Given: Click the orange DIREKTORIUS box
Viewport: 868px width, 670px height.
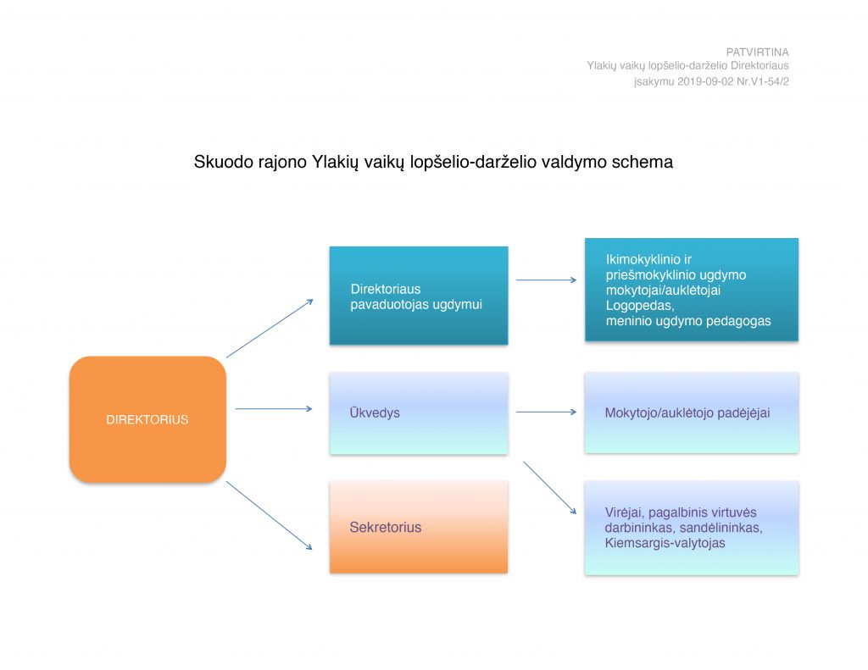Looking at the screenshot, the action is [x=147, y=419].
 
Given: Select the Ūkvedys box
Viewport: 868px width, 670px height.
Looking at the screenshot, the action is [x=419, y=413].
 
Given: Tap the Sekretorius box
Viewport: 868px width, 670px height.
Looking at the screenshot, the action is [x=419, y=527].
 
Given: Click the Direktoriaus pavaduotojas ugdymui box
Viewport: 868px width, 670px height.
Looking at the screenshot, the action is [x=419, y=296].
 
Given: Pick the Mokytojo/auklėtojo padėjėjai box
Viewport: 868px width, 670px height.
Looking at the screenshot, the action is [x=692, y=413].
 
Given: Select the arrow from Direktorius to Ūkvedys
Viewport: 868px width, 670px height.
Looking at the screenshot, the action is [x=274, y=409].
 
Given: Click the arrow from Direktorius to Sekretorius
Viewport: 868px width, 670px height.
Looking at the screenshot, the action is [x=269, y=516].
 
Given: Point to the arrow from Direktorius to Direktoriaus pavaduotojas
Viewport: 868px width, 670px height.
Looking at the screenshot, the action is [x=270, y=329].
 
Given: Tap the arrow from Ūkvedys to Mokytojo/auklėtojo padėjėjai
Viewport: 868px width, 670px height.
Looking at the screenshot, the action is [x=547, y=412].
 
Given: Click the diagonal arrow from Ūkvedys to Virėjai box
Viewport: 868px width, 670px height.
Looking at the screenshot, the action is [x=549, y=488].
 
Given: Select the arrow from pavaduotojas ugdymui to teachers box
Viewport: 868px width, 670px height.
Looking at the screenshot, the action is [x=547, y=280].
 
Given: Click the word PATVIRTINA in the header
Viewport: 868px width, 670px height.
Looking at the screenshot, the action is [x=757, y=52].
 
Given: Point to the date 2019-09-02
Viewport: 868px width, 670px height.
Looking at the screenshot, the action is [x=705, y=81].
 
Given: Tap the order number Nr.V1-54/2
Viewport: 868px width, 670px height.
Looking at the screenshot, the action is [x=763, y=81].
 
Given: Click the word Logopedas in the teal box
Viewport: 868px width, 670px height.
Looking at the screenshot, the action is [x=639, y=306].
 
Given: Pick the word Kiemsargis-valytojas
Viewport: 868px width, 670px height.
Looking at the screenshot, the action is [x=665, y=543].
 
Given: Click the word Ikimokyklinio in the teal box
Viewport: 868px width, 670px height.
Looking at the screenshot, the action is [x=641, y=259].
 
